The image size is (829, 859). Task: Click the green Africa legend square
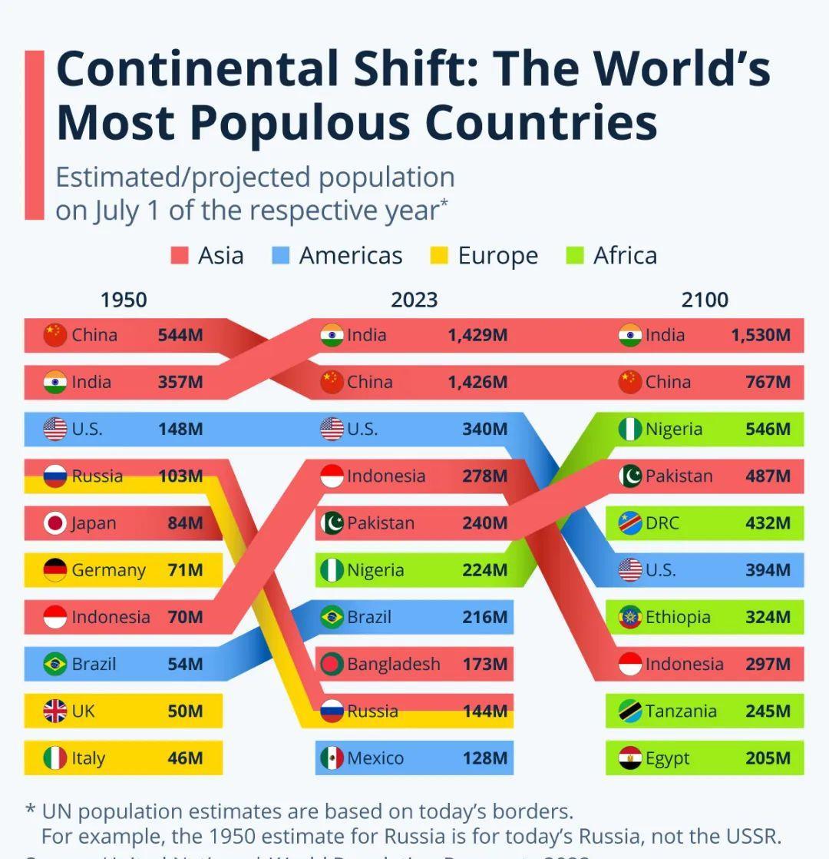point(574,255)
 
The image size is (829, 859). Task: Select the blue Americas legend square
point(281,255)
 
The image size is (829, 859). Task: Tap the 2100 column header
point(705,300)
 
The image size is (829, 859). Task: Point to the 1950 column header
point(124,300)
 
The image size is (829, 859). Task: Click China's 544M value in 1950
point(180,335)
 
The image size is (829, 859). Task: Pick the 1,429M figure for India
point(477,335)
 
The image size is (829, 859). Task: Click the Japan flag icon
point(55,523)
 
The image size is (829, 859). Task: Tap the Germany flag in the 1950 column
point(55,570)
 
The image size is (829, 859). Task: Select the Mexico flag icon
point(332,758)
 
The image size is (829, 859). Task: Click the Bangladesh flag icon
point(332,664)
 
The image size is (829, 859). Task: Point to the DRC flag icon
point(630,523)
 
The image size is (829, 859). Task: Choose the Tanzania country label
point(681,711)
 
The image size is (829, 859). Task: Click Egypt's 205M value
point(768,758)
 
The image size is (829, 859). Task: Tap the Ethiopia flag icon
point(630,617)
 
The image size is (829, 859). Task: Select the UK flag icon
point(55,711)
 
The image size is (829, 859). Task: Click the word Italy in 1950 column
point(88,758)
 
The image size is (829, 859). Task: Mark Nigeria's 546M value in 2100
point(768,429)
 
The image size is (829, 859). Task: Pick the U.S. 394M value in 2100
point(768,570)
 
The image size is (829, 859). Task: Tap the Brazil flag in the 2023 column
point(332,617)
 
